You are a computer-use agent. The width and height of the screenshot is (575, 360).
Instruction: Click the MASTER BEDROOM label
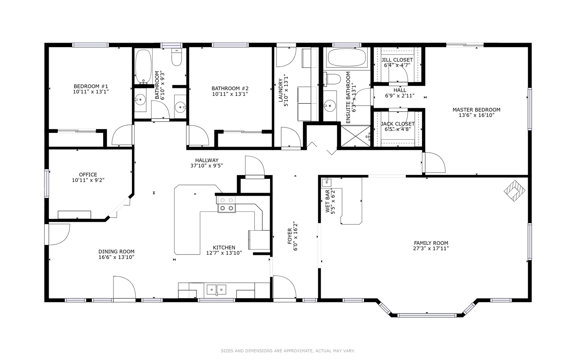(x=476, y=110)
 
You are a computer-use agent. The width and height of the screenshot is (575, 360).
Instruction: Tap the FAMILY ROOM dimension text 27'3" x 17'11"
(x=431, y=248)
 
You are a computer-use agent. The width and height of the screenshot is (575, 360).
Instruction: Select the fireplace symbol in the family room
(x=514, y=191)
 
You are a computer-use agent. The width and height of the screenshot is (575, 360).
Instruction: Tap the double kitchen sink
(x=216, y=290)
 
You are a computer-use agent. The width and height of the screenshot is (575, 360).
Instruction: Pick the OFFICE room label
(x=88, y=175)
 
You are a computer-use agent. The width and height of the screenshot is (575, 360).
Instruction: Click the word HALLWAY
(x=207, y=160)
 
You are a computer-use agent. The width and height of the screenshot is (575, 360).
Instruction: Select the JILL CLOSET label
(x=397, y=60)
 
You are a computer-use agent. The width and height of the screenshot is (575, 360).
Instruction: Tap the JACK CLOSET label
(x=398, y=124)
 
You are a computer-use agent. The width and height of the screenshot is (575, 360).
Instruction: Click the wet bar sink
(x=326, y=182)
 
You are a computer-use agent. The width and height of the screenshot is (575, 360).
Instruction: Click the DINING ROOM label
(x=117, y=252)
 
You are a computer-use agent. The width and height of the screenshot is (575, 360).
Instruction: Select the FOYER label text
(x=290, y=236)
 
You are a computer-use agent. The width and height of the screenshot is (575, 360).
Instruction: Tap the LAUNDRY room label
(x=280, y=90)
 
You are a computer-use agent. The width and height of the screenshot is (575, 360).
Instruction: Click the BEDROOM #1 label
(x=91, y=86)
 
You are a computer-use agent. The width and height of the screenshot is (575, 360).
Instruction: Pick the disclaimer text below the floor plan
(x=288, y=351)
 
